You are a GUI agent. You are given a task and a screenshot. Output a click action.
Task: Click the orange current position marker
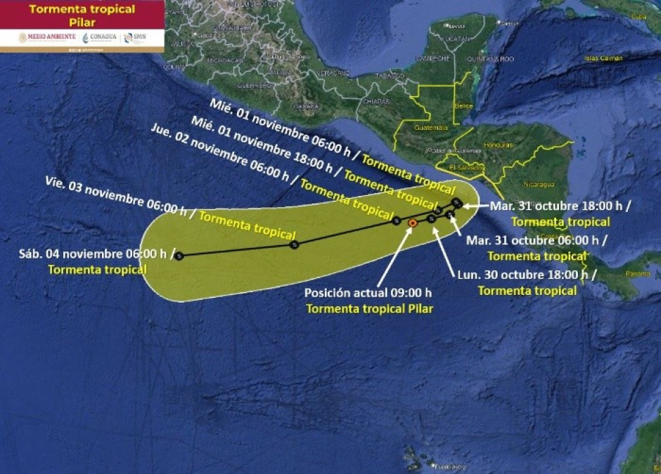[x=412, y=223]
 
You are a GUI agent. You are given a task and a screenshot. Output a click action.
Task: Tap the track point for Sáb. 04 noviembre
[x=179, y=256]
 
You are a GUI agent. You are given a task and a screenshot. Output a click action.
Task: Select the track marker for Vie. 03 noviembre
[x=294, y=244]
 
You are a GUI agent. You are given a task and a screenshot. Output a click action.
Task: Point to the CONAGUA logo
[x=100, y=38]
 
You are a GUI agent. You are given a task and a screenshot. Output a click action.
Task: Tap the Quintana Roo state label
[x=496, y=59]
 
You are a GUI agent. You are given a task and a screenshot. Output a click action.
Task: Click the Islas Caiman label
[x=603, y=58]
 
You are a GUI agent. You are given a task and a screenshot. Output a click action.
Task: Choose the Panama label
[x=638, y=273]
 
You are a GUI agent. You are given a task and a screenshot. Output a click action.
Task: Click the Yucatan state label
[x=457, y=38]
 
